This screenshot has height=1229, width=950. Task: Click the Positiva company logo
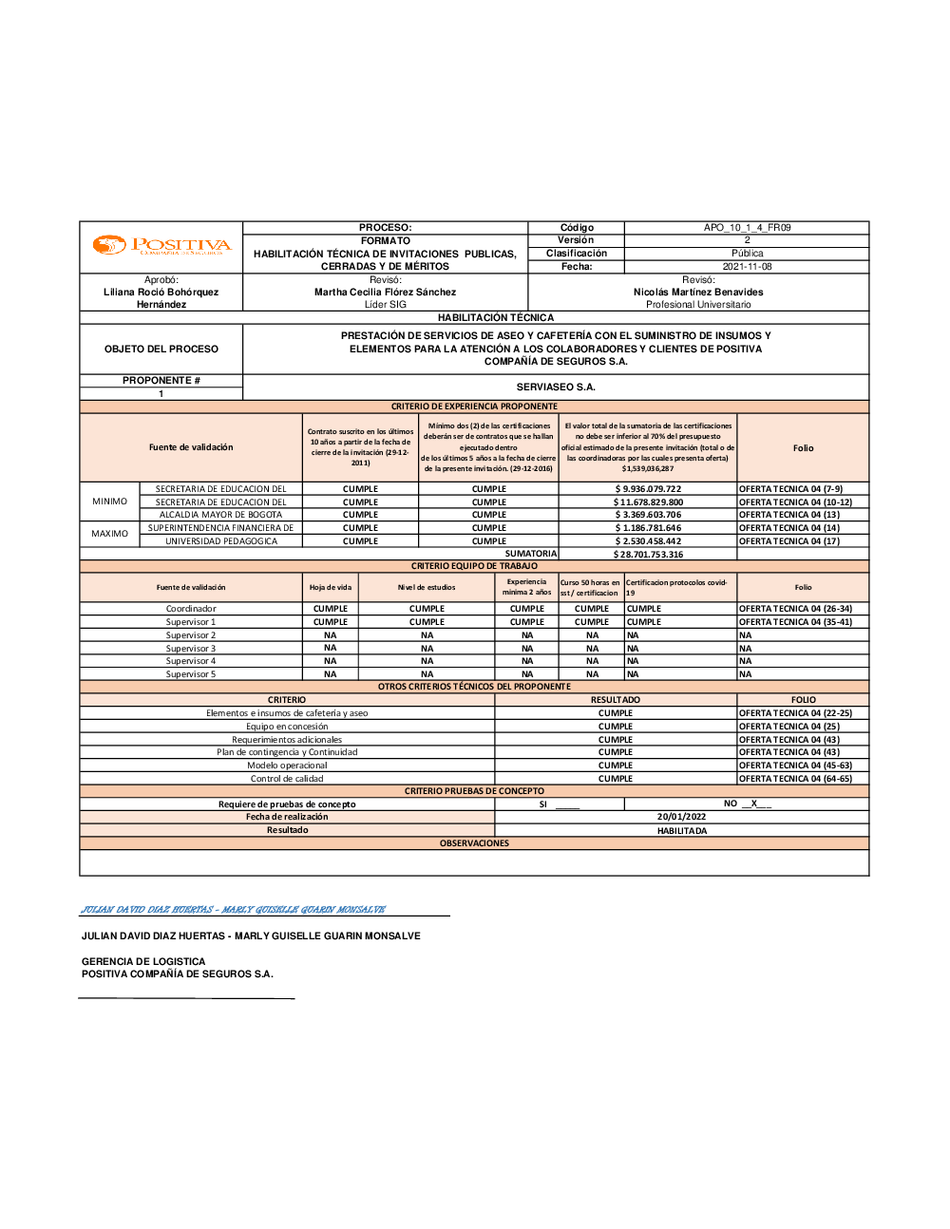[161, 246]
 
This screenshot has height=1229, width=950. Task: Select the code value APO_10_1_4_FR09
[747, 228]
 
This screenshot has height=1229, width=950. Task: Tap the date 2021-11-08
[747, 267]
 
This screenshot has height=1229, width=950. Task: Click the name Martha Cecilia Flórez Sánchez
[385, 293]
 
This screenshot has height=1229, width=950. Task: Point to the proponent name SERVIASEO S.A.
[556, 388]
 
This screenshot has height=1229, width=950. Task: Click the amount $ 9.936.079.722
[648, 489]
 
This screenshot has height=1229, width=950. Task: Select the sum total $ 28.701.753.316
[648, 555]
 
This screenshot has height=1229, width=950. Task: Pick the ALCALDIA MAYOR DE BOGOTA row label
[220, 515]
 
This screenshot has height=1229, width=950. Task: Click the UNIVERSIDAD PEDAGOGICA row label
[221, 541]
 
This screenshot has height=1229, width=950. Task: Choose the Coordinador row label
[191, 609]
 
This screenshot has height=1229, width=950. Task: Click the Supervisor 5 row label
[191, 674]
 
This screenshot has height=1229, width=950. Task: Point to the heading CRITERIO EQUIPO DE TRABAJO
[474, 566]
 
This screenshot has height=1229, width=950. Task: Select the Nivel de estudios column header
[427, 588]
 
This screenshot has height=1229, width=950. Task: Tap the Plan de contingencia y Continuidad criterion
[287, 752]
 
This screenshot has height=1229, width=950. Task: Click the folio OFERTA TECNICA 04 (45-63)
[795, 766]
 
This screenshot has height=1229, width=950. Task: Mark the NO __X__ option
[747, 804]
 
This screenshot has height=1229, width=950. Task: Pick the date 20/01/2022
[681, 817]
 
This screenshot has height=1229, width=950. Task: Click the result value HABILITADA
[681, 831]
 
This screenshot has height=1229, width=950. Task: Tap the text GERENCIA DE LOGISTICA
[143, 962]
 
